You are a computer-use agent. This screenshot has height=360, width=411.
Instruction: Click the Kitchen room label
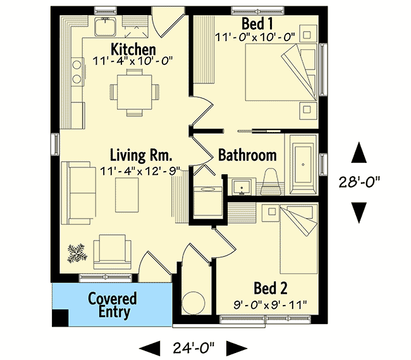(x=133, y=49)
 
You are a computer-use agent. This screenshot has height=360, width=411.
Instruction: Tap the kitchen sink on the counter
(x=104, y=27)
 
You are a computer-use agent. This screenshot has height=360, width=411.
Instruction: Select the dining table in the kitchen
(x=135, y=90)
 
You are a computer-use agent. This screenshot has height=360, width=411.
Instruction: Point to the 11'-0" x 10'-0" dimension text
(x=255, y=37)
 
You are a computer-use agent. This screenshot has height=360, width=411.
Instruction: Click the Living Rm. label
(x=137, y=155)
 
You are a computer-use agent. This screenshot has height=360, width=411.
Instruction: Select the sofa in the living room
(x=75, y=193)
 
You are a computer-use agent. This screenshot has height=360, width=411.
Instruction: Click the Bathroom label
(x=247, y=155)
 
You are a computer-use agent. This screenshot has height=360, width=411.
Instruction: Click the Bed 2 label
(x=271, y=289)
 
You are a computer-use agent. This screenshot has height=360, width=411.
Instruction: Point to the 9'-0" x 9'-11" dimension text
(x=270, y=304)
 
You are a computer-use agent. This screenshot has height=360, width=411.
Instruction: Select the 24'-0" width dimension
(x=193, y=346)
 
